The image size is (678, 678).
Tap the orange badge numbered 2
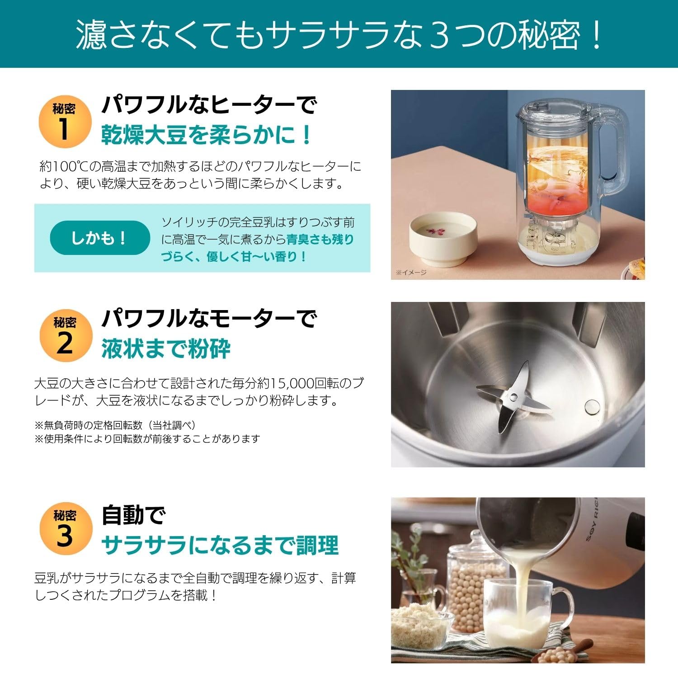(65, 336)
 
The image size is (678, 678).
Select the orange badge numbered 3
(65, 528)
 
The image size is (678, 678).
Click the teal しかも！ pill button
(99, 238)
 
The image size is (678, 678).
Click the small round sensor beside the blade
(592, 407)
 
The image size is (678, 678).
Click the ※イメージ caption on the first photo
(411, 273)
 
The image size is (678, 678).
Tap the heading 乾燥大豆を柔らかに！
(207, 135)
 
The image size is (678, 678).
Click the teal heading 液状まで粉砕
(166, 348)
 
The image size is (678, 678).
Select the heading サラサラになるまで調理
(220, 545)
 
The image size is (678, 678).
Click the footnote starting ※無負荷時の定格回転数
(115, 425)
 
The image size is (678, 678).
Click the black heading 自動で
(133, 515)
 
